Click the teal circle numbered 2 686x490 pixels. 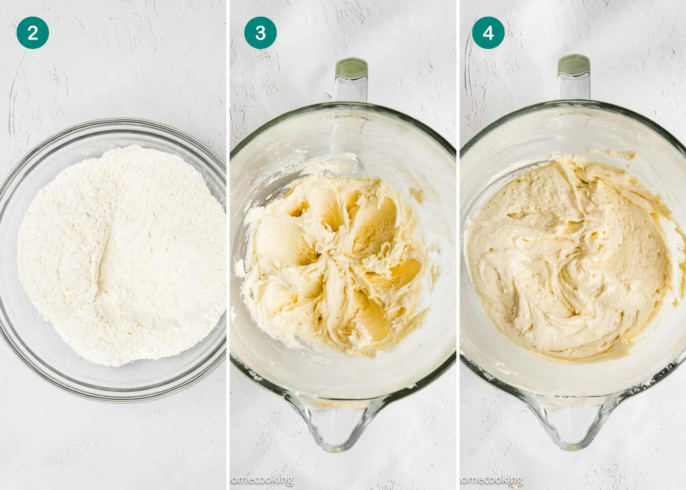click(x=33, y=33)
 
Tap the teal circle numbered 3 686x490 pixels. click(x=260, y=33)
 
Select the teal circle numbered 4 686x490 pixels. click(x=488, y=33)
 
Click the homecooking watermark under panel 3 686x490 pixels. click(x=261, y=480)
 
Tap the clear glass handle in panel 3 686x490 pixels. click(x=351, y=88)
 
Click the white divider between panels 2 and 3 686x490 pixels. click(x=228, y=245)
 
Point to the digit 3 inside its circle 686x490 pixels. click(x=260, y=33)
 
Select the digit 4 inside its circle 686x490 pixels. click(x=488, y=33)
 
